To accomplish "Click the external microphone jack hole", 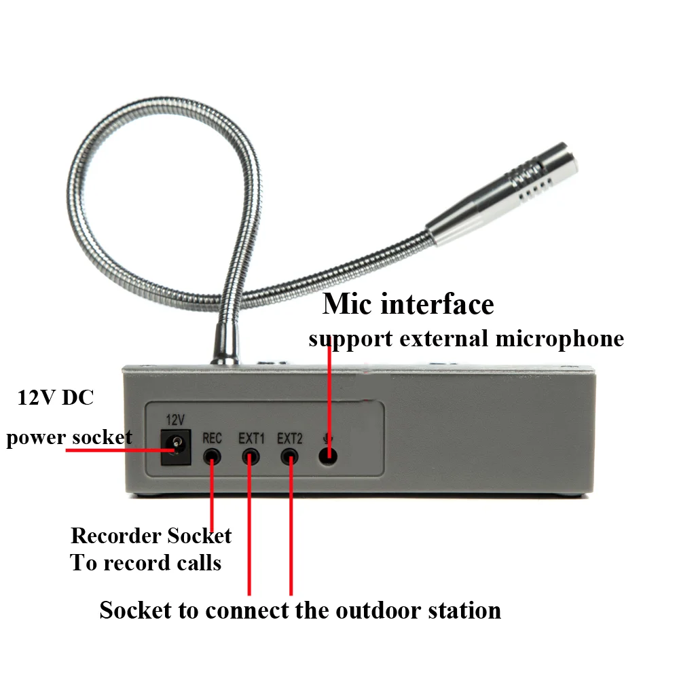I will [329, 455].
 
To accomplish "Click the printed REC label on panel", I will [213, 439].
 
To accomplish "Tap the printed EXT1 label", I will [251, 439].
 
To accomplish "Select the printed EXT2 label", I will [290, 439].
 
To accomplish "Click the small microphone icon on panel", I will [328, 439].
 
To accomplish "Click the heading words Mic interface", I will [407, 304].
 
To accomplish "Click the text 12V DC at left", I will [56, 399].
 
